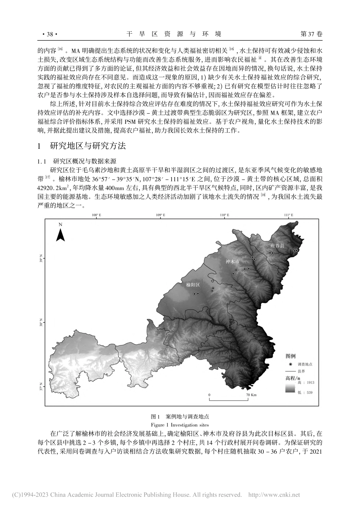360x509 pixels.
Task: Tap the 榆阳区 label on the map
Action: (x=193, y=284)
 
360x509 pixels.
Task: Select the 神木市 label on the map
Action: (x=233, y=261)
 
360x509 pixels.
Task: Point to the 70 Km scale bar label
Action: (x=252, y=394)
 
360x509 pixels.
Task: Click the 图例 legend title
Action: (x=291, y=356)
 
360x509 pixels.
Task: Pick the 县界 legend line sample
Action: (x=290, y=371)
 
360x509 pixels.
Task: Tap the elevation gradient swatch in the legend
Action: (x=290, y=387)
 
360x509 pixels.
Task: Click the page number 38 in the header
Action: (x=49, y=34)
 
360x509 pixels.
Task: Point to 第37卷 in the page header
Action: (x=311, y=34)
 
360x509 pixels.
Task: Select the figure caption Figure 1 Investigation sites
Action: (x=180, y=425)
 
